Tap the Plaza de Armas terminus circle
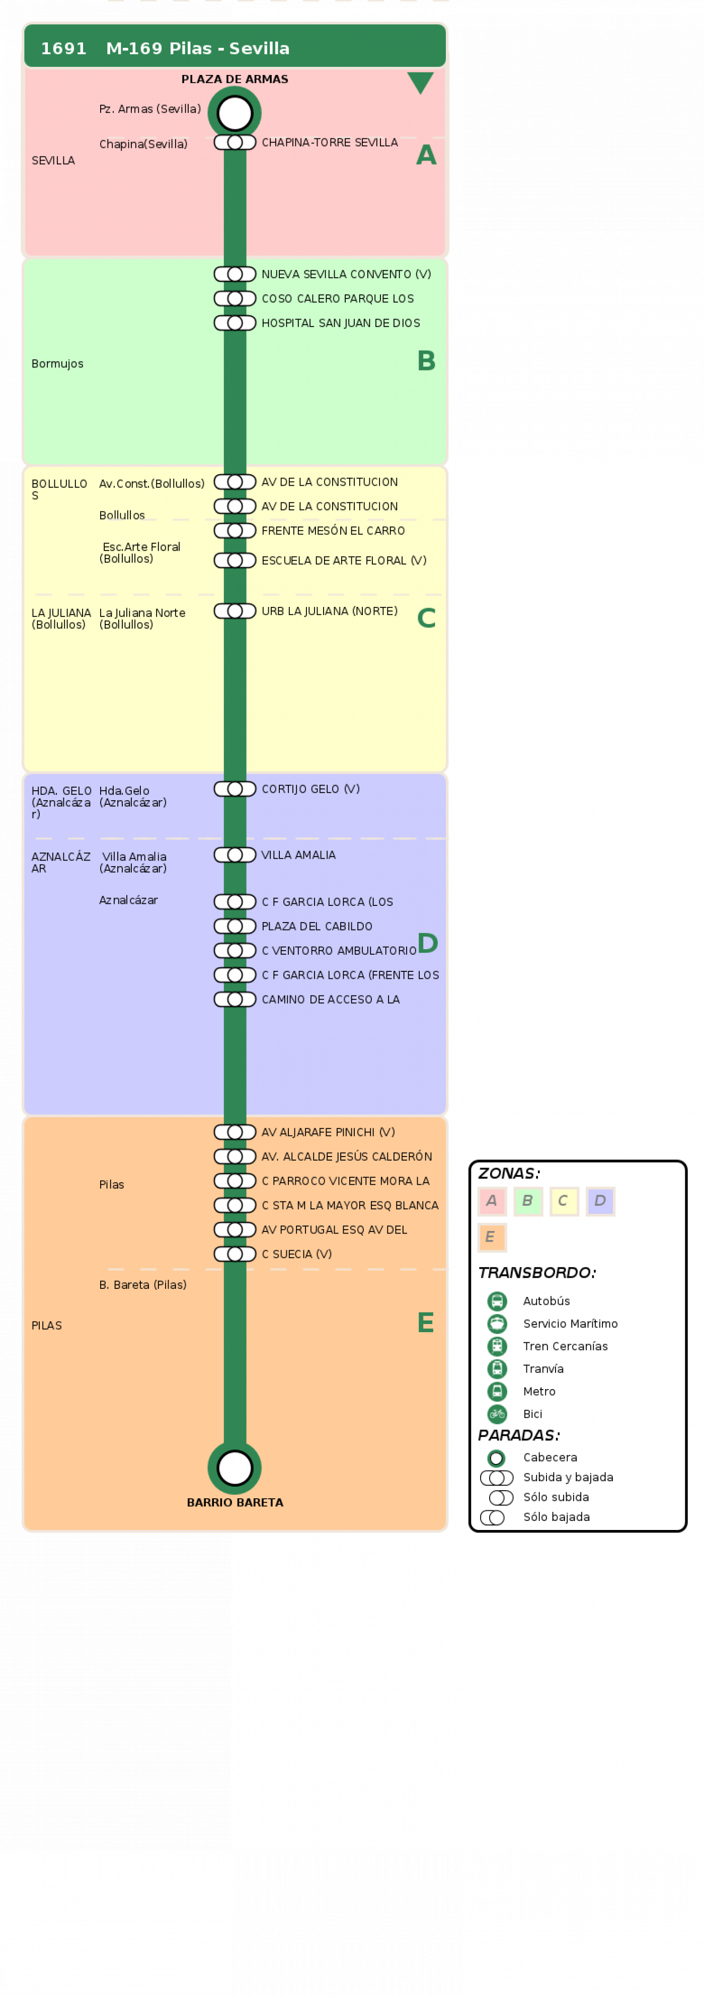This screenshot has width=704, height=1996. point(234,113)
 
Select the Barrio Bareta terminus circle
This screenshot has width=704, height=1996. point(234,1468)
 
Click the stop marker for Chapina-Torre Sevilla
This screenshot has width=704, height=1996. point(234,142)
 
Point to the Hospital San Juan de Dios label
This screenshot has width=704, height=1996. point(341,323)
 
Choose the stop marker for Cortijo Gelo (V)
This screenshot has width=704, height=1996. point(234,789)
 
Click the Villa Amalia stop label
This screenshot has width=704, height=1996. point(298,855)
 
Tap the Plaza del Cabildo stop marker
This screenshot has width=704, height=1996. point(234,926)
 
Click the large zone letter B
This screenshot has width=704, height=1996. point(426,361)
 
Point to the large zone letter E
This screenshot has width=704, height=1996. point(425,1323)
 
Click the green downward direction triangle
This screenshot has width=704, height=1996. point(421,82)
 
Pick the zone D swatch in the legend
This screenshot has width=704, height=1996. point(600,1201)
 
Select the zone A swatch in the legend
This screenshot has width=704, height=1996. point(492,1201)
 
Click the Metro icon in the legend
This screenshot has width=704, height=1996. point(497,1392)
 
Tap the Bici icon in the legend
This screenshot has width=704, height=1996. point(497,1414)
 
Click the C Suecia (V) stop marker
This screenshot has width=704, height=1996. point(234,1254)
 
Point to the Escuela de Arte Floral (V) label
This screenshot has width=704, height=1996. point(344,560)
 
